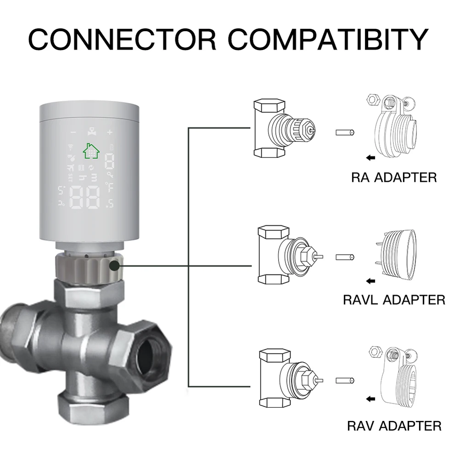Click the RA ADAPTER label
[393, 177]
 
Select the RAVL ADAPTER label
[394, 300]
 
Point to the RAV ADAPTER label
[394, 425]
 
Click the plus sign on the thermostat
[110, 132]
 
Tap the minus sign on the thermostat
[73, 132]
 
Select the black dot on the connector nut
[114, 265]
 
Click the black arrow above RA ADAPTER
[370, 158]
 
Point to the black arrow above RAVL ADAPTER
[370, 281]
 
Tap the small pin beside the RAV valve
[346, 380]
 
